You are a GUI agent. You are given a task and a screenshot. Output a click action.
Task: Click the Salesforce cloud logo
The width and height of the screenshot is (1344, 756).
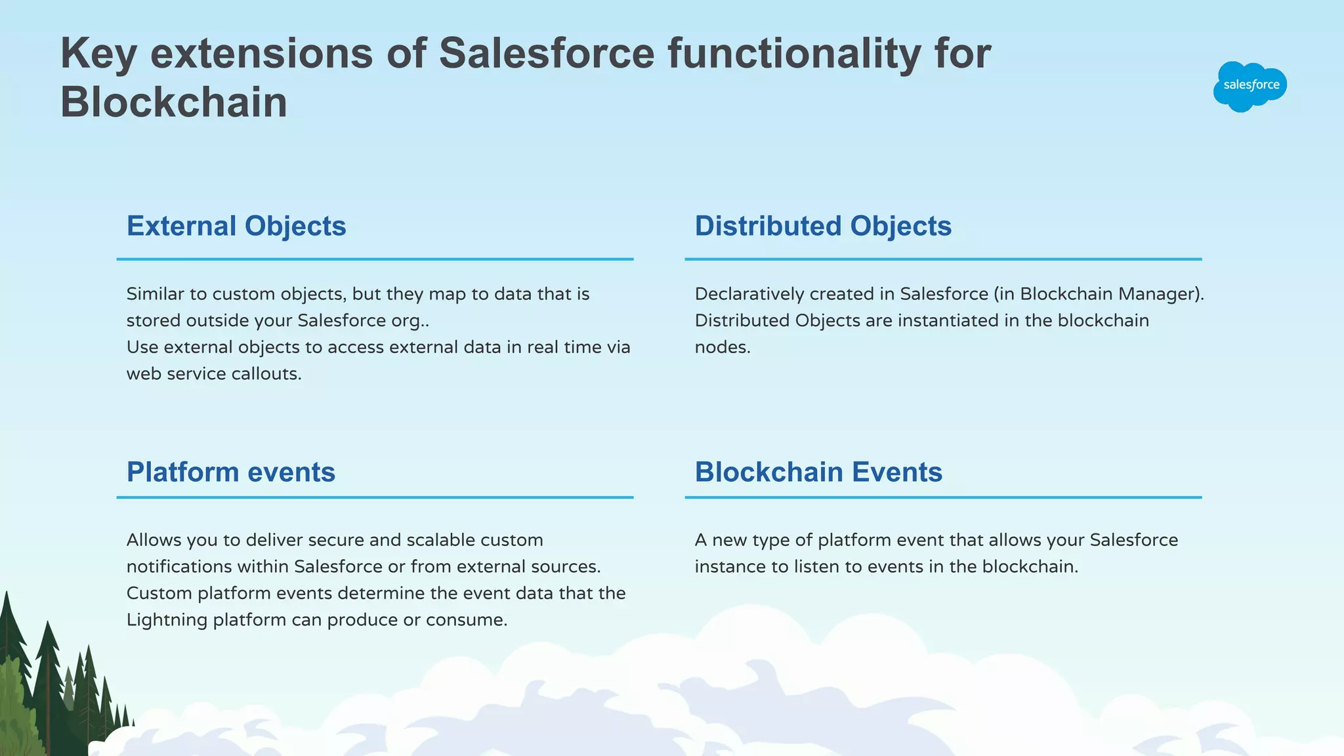pyautogui.click(x=1249, y=86)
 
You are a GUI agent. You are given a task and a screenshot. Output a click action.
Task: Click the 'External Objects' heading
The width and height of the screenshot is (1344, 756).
pyautogui.click(x=236, y=226)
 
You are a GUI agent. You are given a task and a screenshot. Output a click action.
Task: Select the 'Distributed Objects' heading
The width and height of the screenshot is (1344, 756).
pyautogui.click(x=823, y=226)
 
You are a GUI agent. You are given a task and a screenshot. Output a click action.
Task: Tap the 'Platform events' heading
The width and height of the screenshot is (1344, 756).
pyautogui.click(x=231, y=472)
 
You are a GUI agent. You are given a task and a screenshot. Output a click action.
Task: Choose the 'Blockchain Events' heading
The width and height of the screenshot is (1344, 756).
pyautogui.click(x=818, y=472)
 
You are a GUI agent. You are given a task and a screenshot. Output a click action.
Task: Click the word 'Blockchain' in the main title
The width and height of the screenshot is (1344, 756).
pyautogui.click(x=174, y=102)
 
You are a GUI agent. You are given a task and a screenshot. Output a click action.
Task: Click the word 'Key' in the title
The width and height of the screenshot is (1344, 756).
pyautogui.click(x=98, y=54)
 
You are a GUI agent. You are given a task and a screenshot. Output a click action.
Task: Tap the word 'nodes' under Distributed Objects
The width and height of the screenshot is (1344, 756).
pyautogui.click(x=722, y=347)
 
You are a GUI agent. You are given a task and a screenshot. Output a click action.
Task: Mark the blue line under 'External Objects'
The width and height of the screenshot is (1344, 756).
pyautogui.click(x=375, y=259)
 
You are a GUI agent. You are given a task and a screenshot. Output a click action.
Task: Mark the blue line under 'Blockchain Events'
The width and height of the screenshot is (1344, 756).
pyautogui.click(x=943, y=497)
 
